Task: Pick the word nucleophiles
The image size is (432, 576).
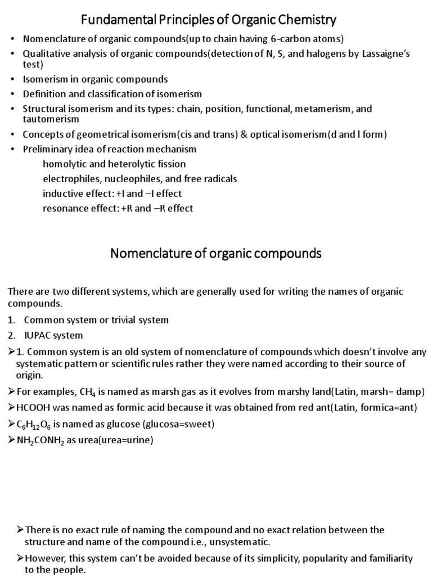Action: point(125,179)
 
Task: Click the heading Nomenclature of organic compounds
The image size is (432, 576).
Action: point(215,253)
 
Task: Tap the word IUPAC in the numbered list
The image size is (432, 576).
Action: point(37,335)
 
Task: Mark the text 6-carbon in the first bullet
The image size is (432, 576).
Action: point(265,39)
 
